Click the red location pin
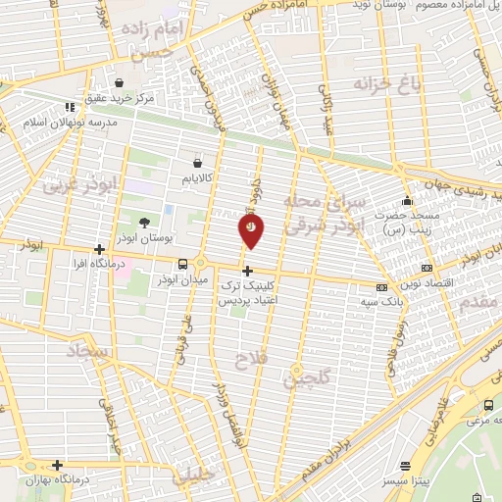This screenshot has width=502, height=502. (x=251, y=227)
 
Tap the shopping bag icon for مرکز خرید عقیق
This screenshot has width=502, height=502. (x=120, y=83)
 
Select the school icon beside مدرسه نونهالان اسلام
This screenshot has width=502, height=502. (x=70, y=107)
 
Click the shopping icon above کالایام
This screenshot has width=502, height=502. (x=199, y=163)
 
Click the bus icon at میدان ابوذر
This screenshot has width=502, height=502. (x=183, y=264)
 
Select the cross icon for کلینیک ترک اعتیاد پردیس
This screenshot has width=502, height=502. (x=247, y=270)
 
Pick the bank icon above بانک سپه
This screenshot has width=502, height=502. (x=380, y=287)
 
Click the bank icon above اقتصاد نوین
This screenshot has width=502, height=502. (x=426, y=267)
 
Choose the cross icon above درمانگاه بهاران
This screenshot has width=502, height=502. (x=58, y=465)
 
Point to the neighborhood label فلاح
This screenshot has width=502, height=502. (x=250, y=361)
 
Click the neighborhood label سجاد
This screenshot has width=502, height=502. (x=91, y=350)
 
